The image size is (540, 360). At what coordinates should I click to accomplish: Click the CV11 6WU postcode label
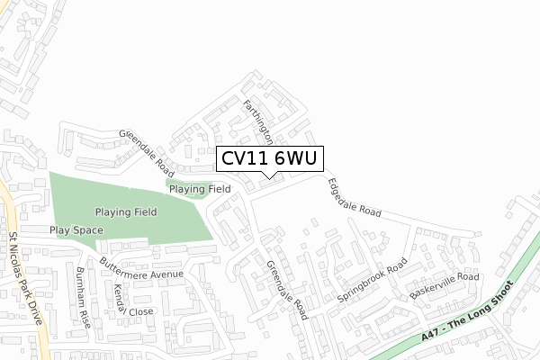[x=268, y=158]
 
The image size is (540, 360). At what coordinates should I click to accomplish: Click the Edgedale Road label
[x=355, y=198]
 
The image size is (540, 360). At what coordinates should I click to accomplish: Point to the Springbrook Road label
[x=366, y=283]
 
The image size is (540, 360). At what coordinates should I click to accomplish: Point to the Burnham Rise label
[x=85, y=296]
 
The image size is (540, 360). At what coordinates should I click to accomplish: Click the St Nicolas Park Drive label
[x=25, y=280]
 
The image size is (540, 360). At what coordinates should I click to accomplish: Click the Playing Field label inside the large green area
[x=127, y=211]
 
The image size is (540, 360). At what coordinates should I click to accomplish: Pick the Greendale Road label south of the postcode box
[x=287, y=290]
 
